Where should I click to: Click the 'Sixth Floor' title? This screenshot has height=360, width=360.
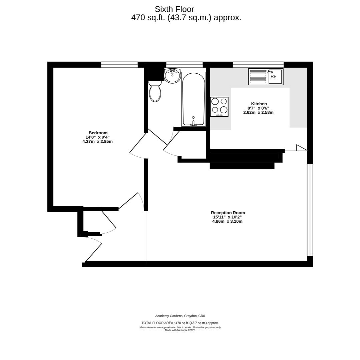[x=174, y=9]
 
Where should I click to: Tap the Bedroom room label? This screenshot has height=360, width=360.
[x=98, y=133]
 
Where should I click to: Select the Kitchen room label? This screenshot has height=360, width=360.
[x=259, y=104]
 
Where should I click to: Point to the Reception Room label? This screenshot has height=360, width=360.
[x=228, y=213]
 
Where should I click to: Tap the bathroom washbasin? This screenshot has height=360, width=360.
[x=172, y=76]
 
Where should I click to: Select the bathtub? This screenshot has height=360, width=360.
[x=194, y=99]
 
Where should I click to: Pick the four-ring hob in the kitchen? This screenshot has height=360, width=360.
[x=219, y=107]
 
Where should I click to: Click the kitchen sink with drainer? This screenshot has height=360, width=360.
[x=266, y=77]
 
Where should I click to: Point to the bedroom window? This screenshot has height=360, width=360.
[x=119, y=65]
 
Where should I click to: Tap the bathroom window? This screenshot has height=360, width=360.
[x=184, y=65]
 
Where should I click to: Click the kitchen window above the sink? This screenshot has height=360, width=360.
[x=258, y=65]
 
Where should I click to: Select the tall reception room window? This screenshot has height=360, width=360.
[x=310, y=210]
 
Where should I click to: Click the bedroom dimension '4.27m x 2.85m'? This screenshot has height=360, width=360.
[x=97, y=142]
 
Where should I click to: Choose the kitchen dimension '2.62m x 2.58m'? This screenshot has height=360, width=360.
[x=258, y=113]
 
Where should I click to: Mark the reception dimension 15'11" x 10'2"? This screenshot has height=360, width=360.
[x=227, y=217]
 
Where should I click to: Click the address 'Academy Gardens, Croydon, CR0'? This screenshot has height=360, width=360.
[x=180, y=316]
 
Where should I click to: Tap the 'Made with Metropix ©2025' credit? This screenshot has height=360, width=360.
[x=180, y=330]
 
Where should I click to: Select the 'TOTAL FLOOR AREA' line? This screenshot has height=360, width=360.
[x=180, y=323]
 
